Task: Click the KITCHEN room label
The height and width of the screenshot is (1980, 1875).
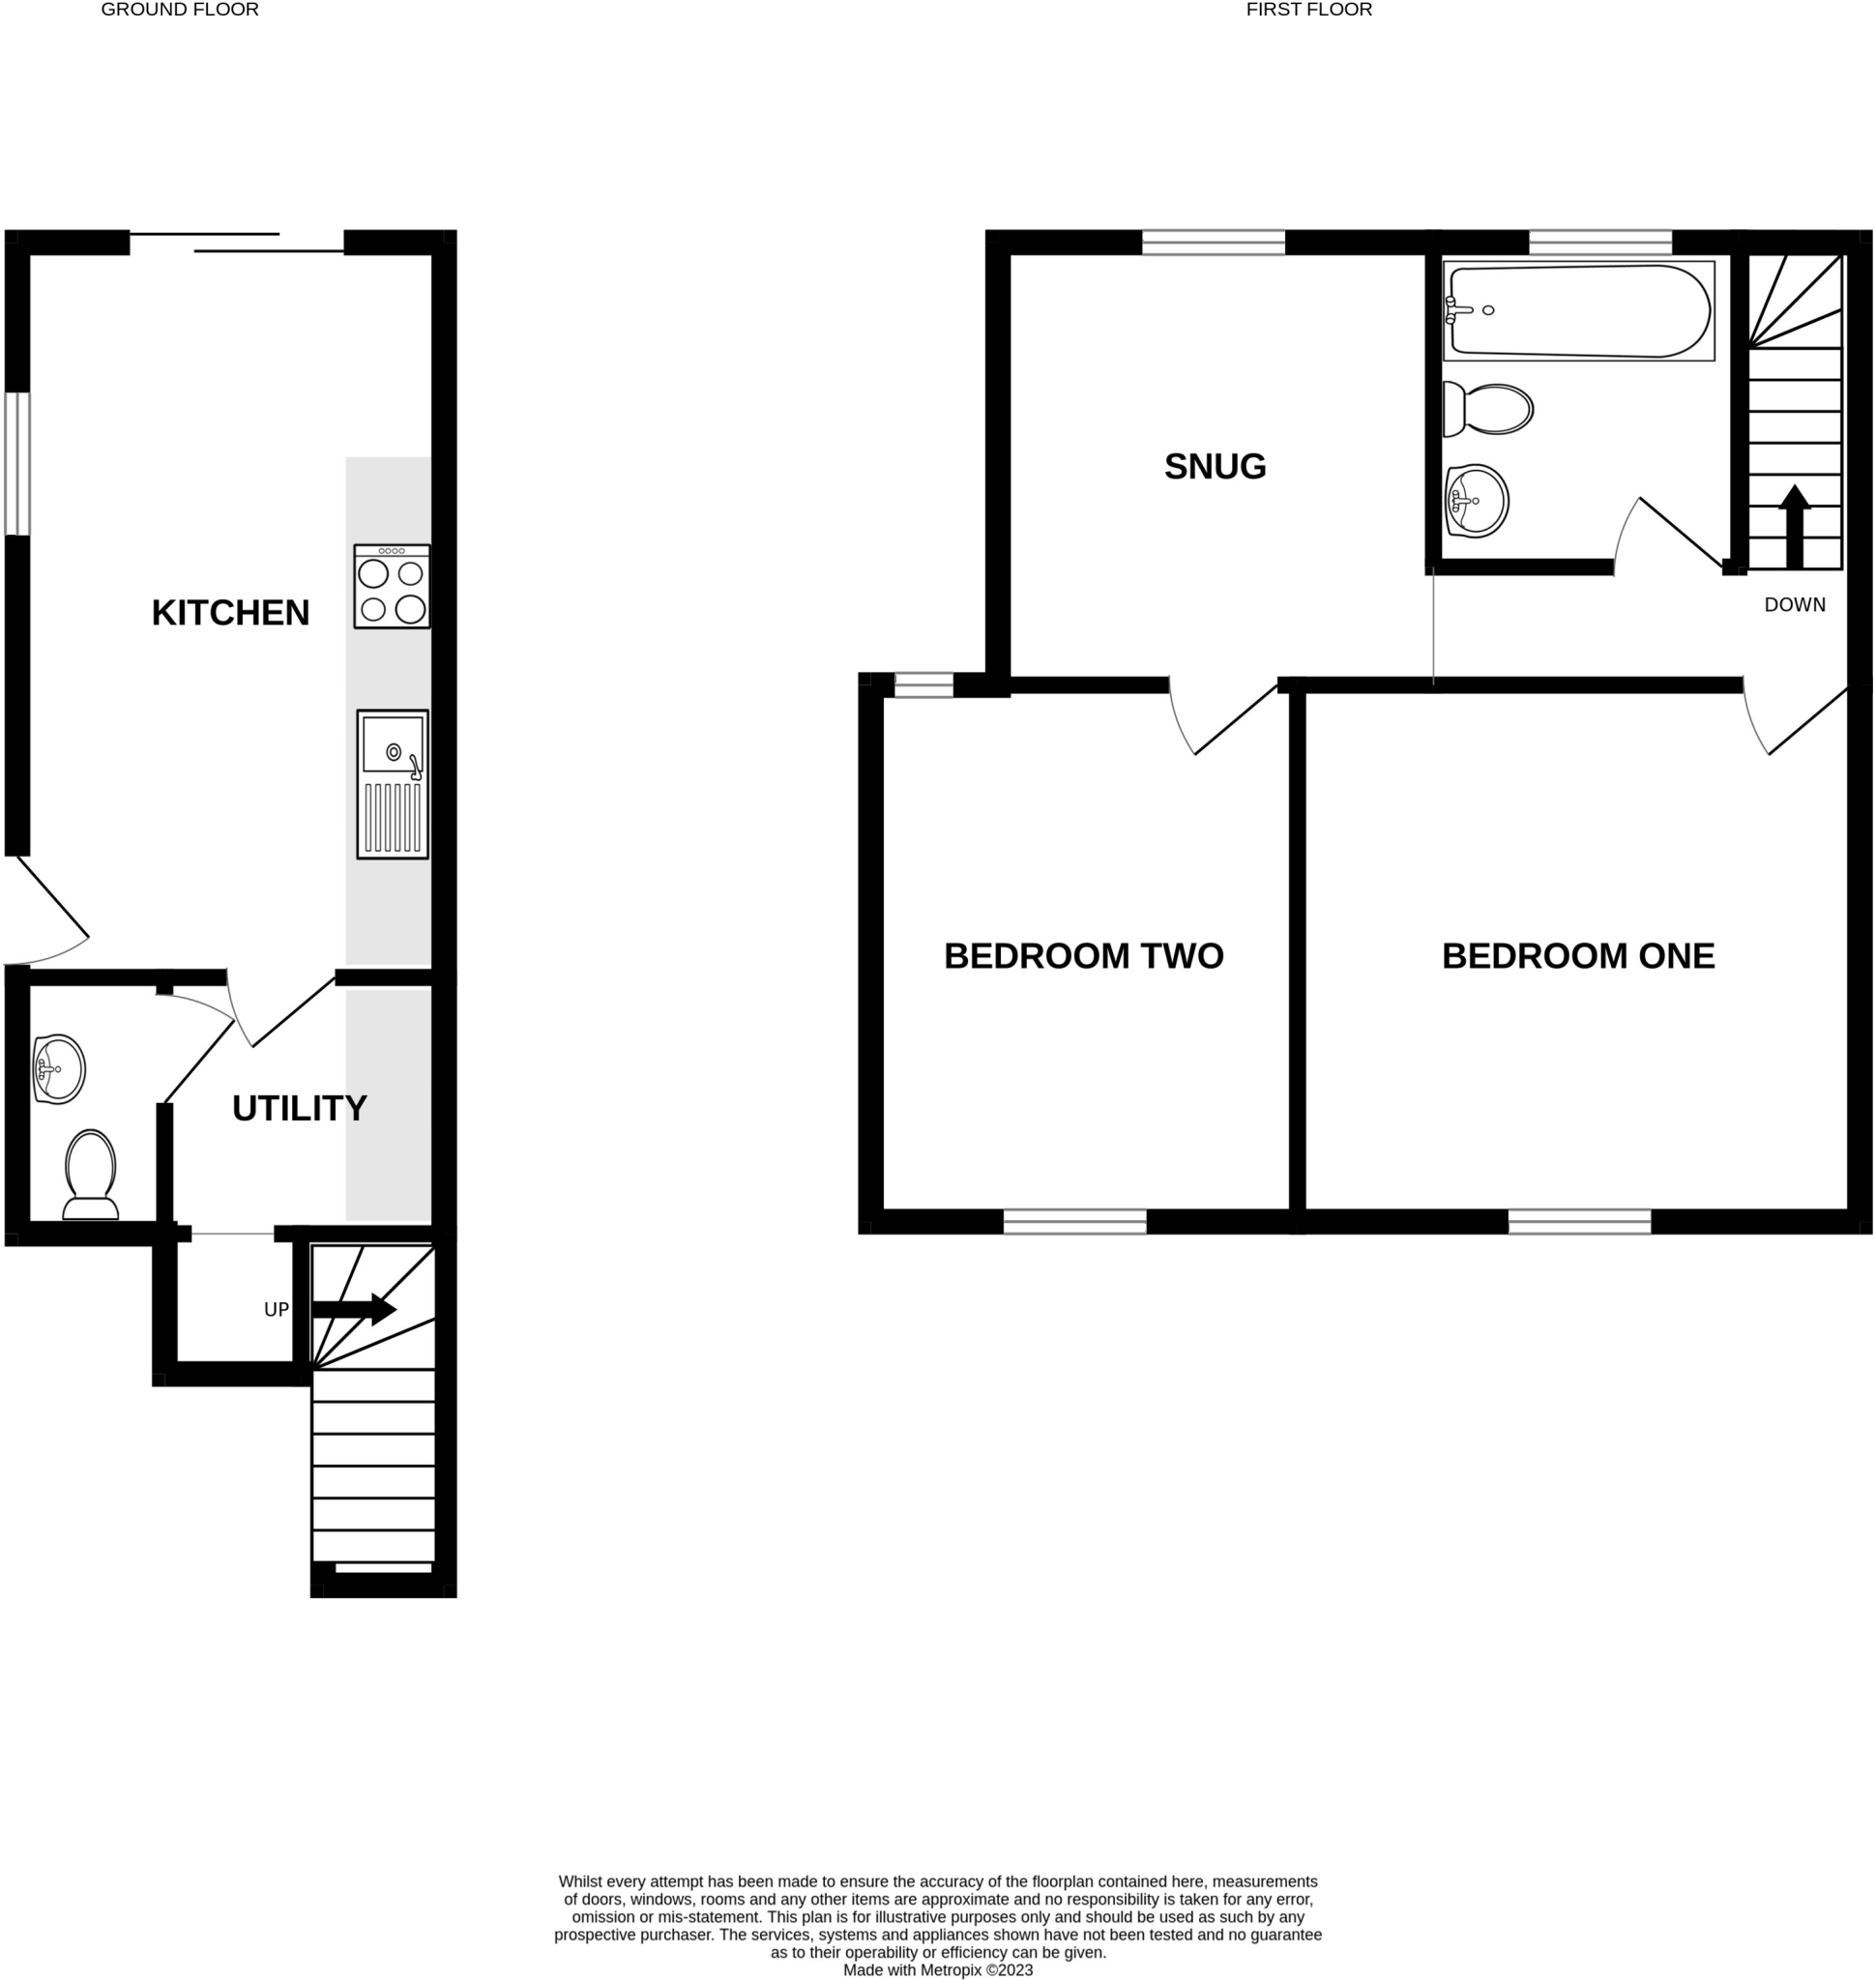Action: click(230, 613)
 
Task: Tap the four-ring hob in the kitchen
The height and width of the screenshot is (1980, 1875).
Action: click(392, 587)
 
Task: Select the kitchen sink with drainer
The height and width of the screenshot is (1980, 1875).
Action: click(393, 785)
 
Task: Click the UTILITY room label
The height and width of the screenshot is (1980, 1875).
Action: click(299, 1109)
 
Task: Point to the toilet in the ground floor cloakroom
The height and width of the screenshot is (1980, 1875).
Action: click(91, 1176)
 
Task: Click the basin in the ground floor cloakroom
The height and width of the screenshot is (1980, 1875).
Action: click(58, 1069)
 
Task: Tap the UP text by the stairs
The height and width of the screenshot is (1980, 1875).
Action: click(276, 1309)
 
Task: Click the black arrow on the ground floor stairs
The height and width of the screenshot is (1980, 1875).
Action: click(354, 1309)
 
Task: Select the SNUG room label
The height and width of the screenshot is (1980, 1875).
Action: click(1215, 467)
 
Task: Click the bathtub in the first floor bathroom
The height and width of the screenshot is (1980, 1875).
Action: click(1579, 311)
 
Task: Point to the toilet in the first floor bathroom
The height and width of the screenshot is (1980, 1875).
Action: click(1488, 409)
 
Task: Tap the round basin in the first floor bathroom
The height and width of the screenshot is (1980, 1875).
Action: click(1477, 501)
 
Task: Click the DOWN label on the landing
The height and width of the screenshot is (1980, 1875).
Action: click(1794, 604)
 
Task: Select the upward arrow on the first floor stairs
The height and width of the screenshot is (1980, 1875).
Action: click(1794, 526)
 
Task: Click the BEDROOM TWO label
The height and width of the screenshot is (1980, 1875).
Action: click(1083, 956)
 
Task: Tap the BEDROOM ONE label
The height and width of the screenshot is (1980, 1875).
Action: click(1577, 956)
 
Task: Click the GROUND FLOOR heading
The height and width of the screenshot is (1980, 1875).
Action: click(180, 10)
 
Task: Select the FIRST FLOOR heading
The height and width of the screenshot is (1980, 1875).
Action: click(1308, 10)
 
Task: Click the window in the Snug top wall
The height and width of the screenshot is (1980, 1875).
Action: click(1214, 242)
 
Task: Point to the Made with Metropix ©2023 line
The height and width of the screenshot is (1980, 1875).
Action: click(938, 1970)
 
